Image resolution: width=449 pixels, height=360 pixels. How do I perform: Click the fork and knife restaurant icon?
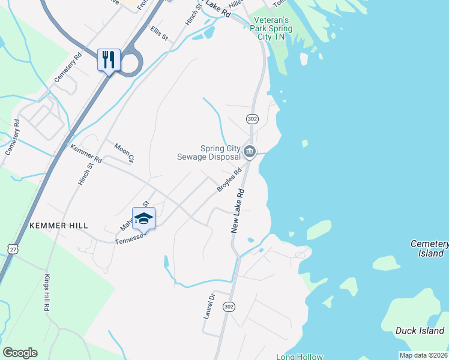(x=109, y=60)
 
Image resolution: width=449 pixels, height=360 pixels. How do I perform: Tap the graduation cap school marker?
(x=143, y=218)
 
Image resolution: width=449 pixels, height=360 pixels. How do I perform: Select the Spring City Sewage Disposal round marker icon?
(x=250, y=152)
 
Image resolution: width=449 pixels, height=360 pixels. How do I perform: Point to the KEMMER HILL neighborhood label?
(x=59, y=226)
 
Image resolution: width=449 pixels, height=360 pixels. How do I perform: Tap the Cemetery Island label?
(x=430, y=248)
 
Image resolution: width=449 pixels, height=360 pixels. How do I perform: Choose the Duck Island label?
(x=420, y=331)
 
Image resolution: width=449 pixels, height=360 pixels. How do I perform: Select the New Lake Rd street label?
(x=238, y=211)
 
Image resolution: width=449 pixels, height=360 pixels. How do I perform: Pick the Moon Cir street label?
(x=123, y=152)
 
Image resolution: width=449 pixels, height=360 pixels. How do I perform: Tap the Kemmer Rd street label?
(x=86, y=154)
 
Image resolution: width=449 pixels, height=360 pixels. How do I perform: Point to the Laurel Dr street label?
(x=209, y=306)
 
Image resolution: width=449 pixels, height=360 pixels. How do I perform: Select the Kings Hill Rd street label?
(x=46, y=293)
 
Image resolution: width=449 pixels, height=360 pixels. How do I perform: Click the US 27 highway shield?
(x=13, y=248)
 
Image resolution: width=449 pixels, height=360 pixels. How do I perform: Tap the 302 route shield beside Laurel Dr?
(x=228, y=307)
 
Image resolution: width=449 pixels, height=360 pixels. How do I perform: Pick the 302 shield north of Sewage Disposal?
(x=252, y=119)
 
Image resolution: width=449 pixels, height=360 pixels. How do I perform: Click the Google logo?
(x=20, y=353)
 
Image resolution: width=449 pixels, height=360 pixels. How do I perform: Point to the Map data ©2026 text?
(x=423, y=355)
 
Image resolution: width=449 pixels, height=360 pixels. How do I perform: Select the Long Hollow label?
(x=299, y=357)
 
